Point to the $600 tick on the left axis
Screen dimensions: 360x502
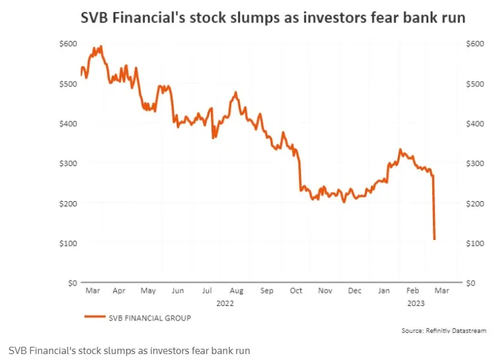[68, 44]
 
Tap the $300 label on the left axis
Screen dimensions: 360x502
[68, 163]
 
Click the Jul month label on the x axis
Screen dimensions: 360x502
[208, 290]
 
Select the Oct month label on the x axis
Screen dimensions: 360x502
[295, 290]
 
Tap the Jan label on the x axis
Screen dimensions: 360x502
[383, 290]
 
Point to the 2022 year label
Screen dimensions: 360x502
[225, 303]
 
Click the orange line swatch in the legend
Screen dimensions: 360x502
[96, 317]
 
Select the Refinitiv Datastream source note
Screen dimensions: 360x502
[443, 330]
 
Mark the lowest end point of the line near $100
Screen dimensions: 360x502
[435, 239]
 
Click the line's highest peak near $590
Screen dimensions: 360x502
[100, 46]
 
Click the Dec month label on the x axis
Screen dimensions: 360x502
[354, 290]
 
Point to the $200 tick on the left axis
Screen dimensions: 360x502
[68, 203]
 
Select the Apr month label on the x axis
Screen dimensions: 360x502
[119, 290]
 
